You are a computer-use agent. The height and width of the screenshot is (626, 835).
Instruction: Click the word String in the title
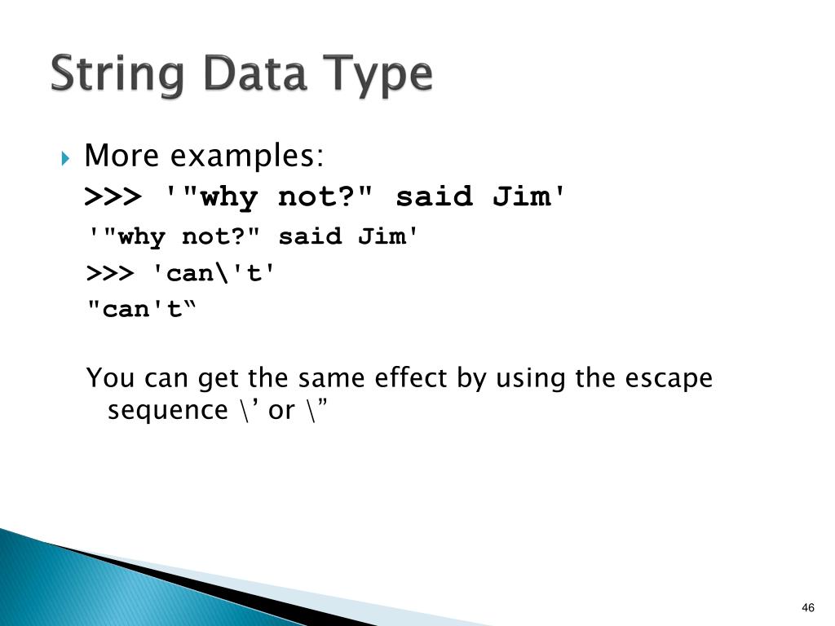point(120,75)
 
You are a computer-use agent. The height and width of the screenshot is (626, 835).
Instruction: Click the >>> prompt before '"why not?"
point(113,197)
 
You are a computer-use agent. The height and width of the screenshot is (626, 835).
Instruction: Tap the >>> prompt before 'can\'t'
point(110,273)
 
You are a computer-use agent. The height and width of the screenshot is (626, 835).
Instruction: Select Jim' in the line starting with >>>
point(529,197)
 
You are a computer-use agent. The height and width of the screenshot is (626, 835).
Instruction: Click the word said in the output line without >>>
point(310,237)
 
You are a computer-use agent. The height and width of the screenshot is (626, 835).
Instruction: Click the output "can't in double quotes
point(142,310)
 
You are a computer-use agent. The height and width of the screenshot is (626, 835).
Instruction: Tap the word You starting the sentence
point(112,379)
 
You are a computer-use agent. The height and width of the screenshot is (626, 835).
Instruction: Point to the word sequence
point(168,411)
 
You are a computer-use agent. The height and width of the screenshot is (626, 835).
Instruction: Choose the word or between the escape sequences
point(281,411)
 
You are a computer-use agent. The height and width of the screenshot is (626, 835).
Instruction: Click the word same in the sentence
point(330,379)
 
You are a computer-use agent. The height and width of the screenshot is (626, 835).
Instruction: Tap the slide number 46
point(808,608)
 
